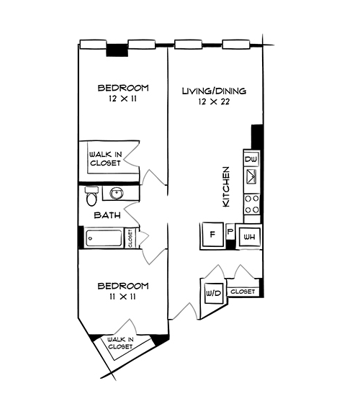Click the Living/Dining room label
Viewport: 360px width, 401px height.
pos(214,91)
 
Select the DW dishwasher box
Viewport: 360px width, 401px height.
pos(251,159)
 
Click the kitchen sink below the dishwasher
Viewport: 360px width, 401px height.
pos(251,176)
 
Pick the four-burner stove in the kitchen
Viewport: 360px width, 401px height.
pos(251,204)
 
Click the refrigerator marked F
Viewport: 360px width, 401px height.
pos(213,235)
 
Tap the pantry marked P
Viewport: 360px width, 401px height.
pos(230,233)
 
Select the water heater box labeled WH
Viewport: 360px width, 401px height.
pos(249,236)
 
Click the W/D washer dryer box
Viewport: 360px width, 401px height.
pos(214,294)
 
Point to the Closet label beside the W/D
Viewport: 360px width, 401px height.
pos(243,292)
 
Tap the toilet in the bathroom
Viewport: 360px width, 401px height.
pos(91,194)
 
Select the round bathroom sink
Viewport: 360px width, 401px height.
pos(117,194)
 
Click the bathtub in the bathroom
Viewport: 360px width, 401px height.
pos(104,238)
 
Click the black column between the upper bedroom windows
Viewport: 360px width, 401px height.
pos(116,50)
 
